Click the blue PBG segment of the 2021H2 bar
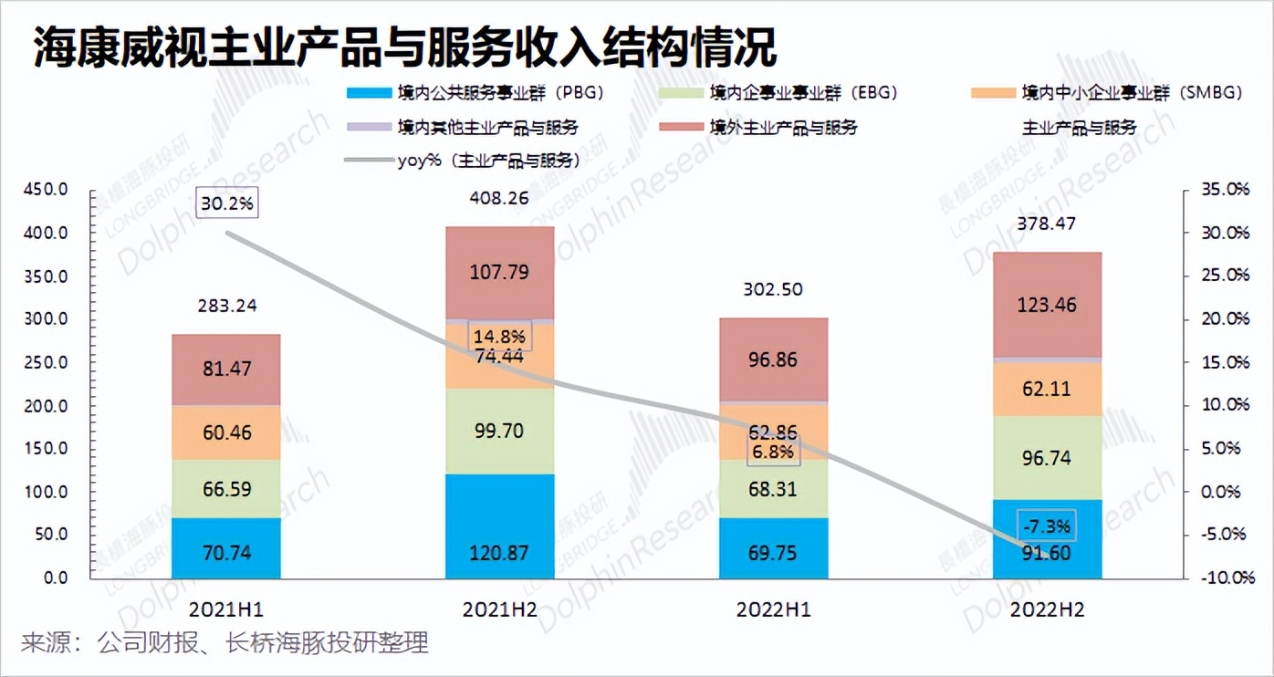click(x=499, y=526)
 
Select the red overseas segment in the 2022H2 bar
click(x=1047, y=305)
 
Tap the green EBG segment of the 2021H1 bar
click(x=225, y=489)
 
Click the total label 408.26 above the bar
click(x=499, y=197)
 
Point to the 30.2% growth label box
click(x=227, y=203)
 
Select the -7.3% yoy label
click(x=1047, y=526)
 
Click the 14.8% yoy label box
click(x=499, y=335)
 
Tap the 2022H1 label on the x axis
click(x=773, y=609)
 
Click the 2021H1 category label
click(x=225, y=609)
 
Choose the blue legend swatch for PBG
click(x=367, y=92)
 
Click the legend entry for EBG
click(x=804, y=92)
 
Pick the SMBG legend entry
click(x=1123, y=92)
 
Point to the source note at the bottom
click(x=225, y=643)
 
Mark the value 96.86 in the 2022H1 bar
click(x=773, y=359)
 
